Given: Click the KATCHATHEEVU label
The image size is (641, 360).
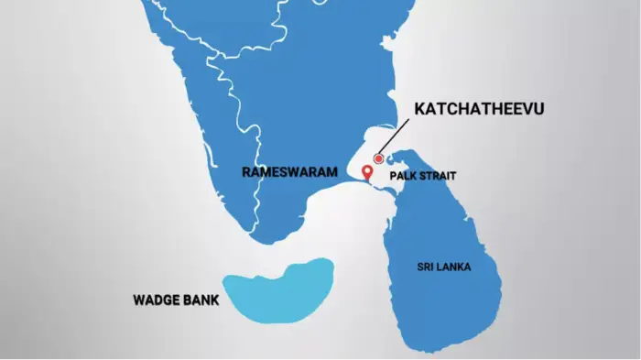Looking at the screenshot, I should point(479,110).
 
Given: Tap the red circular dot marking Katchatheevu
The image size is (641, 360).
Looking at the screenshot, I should point(378,159).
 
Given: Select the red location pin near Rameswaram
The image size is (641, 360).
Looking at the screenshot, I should point(367,172).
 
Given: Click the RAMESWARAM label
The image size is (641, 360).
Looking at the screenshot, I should point(284,171).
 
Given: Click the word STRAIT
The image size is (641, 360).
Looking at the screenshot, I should point(436,176).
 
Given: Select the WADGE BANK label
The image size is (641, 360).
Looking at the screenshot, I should point(176,299).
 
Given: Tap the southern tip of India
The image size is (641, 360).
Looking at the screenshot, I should point(266,242).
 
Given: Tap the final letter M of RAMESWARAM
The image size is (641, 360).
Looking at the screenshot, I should point(320,171).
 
